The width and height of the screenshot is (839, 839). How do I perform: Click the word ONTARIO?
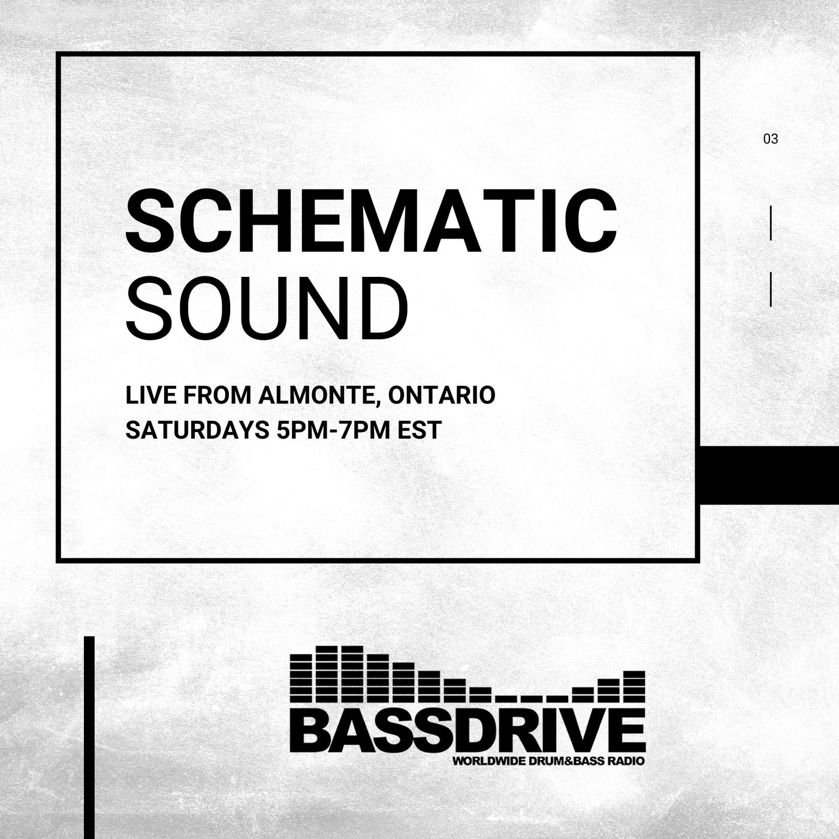442,395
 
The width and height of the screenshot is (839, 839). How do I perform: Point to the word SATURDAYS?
197,430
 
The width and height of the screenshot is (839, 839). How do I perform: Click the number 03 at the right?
771,139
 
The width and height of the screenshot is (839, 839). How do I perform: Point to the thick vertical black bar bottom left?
89,738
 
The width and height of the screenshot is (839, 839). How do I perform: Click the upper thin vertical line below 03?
771,223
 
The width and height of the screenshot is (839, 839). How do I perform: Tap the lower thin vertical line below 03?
771,289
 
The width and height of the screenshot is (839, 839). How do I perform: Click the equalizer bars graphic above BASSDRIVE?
467,673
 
